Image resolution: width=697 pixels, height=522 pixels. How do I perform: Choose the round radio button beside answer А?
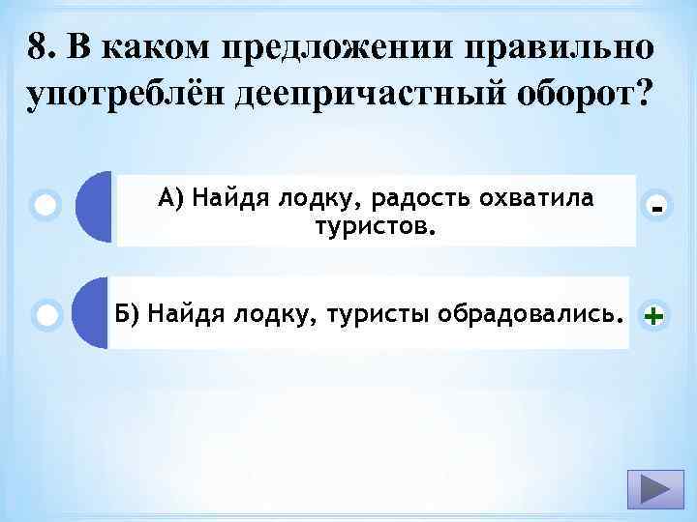point(45,206)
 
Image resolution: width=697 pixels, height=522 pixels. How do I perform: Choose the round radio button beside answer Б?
point(45,313)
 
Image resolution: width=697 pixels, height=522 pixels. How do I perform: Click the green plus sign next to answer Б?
point(654,315)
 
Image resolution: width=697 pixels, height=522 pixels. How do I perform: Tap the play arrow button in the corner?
point(647,487)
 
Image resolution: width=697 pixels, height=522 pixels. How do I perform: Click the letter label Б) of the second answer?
point(127,313)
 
